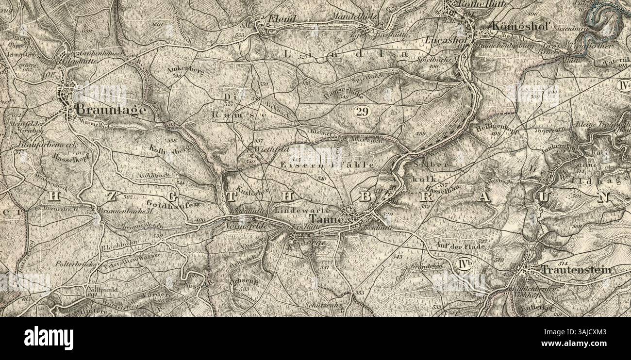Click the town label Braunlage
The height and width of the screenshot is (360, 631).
(x=111, y=110)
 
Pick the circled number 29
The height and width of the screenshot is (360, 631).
(x=362, y=112)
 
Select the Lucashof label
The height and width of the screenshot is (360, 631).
(x=441, y=40)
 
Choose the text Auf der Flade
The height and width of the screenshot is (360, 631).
(x=461, y=245)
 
